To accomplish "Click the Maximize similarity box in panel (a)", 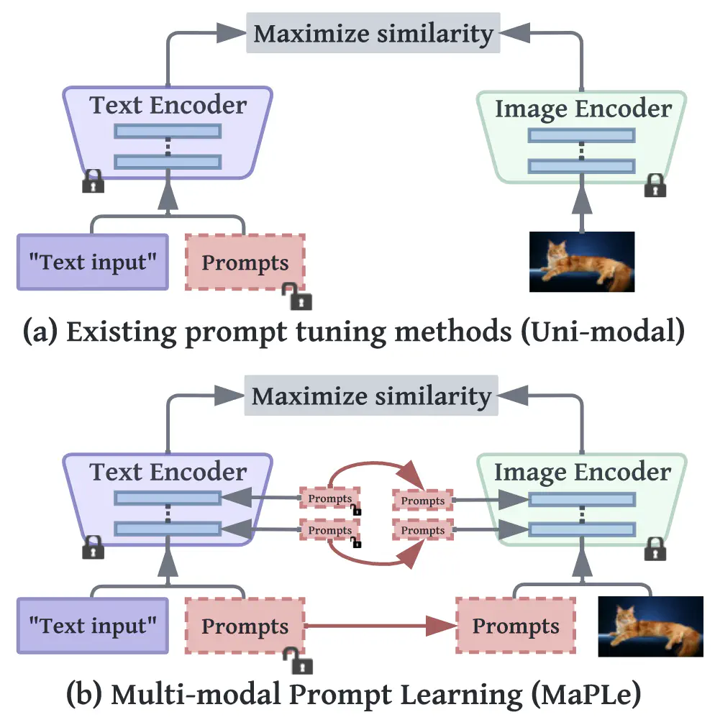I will pyautogui.click(x=373, y=33).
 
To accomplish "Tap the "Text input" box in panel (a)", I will pyautogui.click(x=92, y=262).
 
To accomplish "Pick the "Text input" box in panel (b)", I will pyautogui.click(x=92, y=624).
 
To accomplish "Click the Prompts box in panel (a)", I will pyautogui.click(x=245, y=262).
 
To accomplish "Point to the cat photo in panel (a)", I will pyautogui.click(x=582, y=261).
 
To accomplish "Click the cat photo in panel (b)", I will pyautogui.click(x=650, y=626).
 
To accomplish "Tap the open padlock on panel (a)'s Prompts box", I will pyautogui.click(x=296, y=296).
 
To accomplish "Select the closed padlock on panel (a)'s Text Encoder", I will pyautogui.click(x=93, y=181).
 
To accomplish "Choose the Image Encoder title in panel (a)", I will pyautogui.click(x=583, y=109).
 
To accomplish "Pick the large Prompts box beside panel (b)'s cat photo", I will pyautogui.click(x=516, y=626).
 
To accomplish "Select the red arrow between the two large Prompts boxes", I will pyautogui.click(x=381, y=626).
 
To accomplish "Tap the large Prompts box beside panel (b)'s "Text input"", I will pyautogui.click(x=245, y=626).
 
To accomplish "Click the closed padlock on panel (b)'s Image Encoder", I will pyautogui.click(x=655, y=548).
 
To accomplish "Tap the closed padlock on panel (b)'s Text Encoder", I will pyautogui.click(x=93, y=547).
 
